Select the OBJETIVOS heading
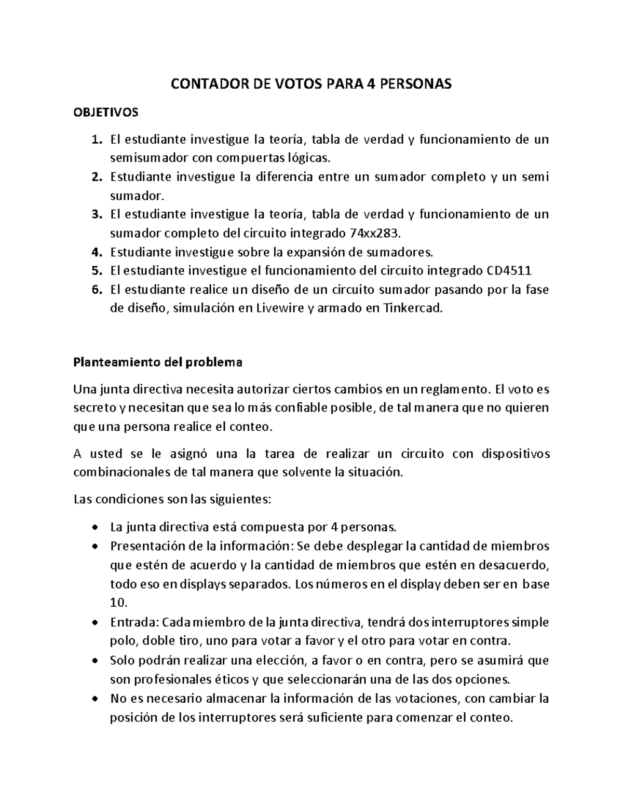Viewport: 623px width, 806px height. pos(106,112)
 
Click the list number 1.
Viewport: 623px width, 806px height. pos(94,139)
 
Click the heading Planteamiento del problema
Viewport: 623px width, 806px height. pos(158,362)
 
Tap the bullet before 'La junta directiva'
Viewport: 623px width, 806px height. pos(94,528)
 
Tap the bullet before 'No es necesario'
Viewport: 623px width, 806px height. pos(94,699)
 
